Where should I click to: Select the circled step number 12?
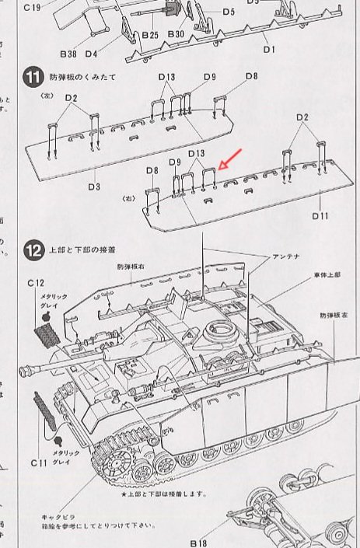coord(32,250)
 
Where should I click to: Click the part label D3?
coord(94,187)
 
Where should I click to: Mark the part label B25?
coord(150,37)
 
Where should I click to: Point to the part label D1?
coord(270,49)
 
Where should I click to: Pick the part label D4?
coord(91,54)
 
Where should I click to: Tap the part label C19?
coord(33,9)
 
